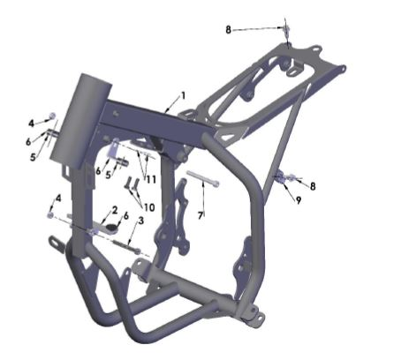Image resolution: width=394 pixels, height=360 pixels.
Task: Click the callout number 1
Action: [183, 94]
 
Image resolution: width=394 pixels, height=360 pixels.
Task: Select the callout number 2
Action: [114, 210]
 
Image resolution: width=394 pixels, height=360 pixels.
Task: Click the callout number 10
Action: [148, 207]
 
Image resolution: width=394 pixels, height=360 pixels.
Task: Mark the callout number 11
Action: [150, 178]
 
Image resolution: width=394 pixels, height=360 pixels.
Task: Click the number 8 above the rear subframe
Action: [228, 30]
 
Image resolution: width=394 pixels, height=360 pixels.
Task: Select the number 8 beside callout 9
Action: [312, 185]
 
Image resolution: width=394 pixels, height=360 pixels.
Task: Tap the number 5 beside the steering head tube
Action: [34, 158]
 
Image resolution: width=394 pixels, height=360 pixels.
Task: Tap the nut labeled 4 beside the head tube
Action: [52, 116]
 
